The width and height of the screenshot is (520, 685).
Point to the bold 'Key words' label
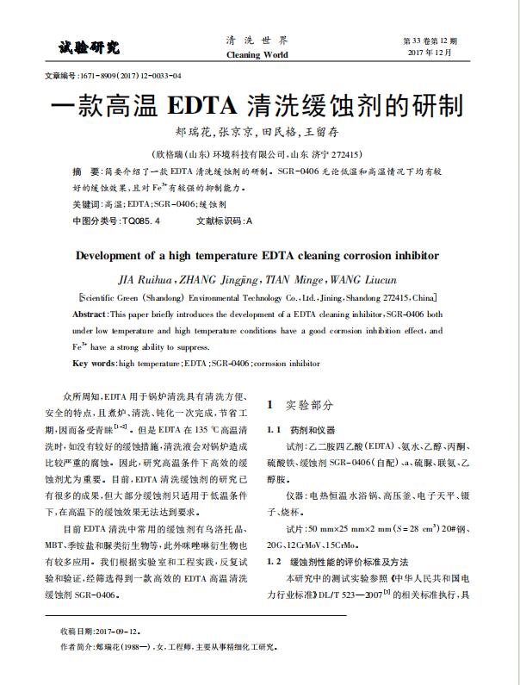pos(92,363)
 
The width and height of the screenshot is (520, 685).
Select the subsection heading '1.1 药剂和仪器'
pos(302,429)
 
